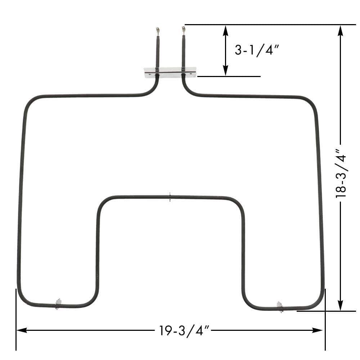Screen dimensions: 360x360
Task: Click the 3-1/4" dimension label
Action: tap(257, 50)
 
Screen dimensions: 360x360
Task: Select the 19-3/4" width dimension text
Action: tap(184, 330)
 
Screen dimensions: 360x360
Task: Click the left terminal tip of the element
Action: tap(157, 30)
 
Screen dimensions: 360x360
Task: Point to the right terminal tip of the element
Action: tap(183, 28)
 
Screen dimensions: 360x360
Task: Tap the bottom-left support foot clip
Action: tap(58, 303)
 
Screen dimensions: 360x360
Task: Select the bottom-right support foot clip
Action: tap(280, 306)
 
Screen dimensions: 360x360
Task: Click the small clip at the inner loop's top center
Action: tap(170, 197)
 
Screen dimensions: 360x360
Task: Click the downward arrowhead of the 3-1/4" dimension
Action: tap(226, 71)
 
